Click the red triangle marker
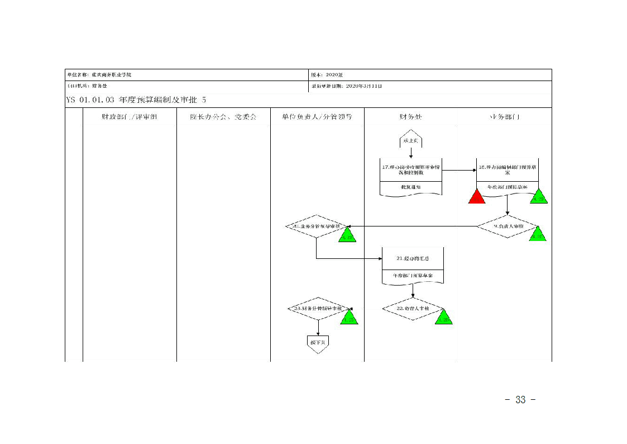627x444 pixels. point(477,197)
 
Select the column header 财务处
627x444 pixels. point(410,117)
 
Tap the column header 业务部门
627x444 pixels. point(505,117)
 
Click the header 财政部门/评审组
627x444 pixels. point(130,117)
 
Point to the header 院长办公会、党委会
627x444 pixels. point(223,117)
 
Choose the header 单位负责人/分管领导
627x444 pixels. point(317,117)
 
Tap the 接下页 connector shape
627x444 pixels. point(317,342)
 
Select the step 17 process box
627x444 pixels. point(411,170)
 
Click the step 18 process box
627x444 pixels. point(507,170)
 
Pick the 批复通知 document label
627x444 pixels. point(411,187)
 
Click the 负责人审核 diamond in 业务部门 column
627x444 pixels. point(507,226)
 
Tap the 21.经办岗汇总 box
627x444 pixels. point(413,258)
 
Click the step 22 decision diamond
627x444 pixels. point(413,309)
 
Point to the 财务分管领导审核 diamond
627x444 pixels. point(318,309)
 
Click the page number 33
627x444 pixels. point(520,400)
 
